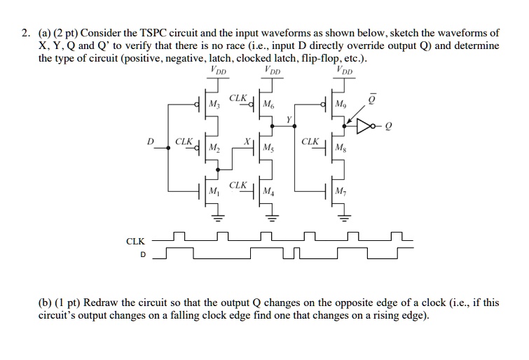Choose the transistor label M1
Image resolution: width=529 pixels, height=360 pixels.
[214, 191]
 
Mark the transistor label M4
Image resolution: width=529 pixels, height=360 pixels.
[268, 191]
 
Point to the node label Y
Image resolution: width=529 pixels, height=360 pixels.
[288, 120]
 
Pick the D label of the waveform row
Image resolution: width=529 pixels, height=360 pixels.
[143, 255]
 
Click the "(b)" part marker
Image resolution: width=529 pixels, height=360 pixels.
[46, 303]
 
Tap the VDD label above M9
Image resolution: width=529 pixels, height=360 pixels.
[344, 70]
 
